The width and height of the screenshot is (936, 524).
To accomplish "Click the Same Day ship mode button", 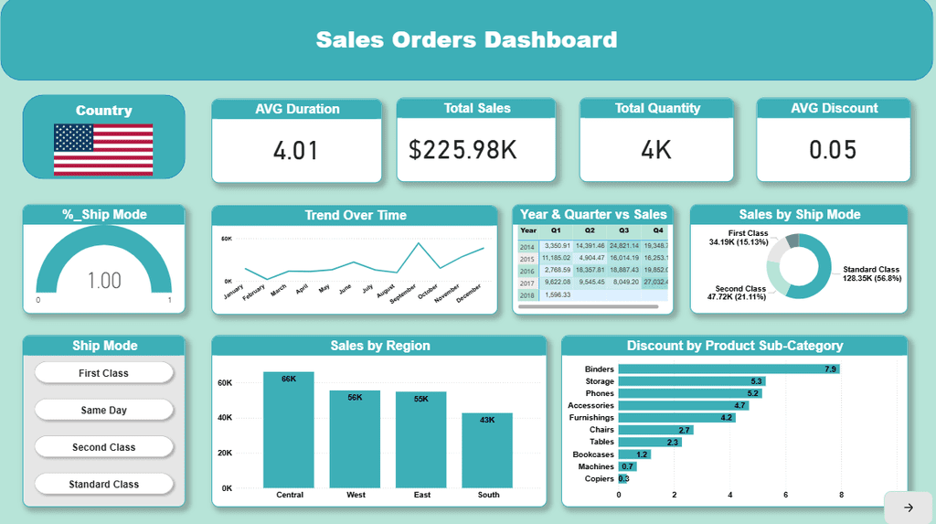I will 103,411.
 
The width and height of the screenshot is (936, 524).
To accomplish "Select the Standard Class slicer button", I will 103,484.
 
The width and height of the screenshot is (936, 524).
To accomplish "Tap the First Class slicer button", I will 103,373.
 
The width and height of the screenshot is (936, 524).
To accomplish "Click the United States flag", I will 103,150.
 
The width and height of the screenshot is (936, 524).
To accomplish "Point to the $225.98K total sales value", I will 476,150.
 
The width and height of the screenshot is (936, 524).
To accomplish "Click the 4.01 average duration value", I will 296,150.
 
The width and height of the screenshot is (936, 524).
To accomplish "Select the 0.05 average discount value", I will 833,149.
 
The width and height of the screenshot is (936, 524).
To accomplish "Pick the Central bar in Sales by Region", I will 289,430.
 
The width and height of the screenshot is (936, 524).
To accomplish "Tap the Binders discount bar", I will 729,369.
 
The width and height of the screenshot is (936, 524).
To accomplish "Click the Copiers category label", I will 599,478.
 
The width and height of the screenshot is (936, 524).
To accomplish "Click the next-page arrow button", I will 908,508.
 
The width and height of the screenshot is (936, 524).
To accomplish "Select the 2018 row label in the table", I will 527,295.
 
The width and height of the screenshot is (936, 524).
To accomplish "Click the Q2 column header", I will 590,230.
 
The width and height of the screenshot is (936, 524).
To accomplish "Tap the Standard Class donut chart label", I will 871,273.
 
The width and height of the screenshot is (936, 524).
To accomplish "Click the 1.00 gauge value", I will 104,280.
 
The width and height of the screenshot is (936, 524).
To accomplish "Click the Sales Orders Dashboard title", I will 466,39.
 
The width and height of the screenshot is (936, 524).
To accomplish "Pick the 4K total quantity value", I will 656,150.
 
